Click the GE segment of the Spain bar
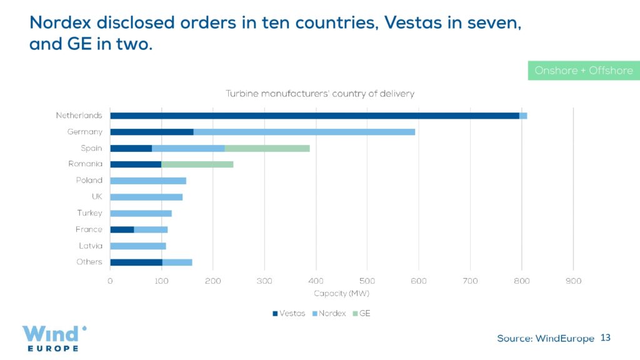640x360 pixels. (x=267, y=148)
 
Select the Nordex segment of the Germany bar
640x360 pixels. (x=304, y=132)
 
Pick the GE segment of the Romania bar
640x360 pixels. (x=197, y=164)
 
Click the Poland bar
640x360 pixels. (x=148, y=181)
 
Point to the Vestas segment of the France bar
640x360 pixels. (x=122, y=229)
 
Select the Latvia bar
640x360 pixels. (x=138, y=246)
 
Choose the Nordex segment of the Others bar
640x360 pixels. (x=177, y=262)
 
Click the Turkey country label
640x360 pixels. (x=89, y=213)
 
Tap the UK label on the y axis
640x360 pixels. (x=97, y=197)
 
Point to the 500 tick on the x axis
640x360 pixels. (x=316, y=281)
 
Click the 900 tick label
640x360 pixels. (x=573, y=281)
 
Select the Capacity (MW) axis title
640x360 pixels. (x=341, y=293)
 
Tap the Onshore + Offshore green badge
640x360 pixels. (x=584, y=71)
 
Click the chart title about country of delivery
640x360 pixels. (x=320, y=94)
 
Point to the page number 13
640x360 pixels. (x=605, y=338)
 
